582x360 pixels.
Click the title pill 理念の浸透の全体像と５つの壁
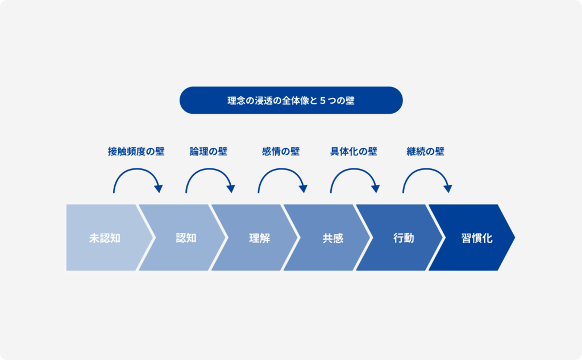pos(291,100)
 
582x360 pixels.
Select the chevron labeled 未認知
pos(105,237)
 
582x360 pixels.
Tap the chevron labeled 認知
pos(182,237)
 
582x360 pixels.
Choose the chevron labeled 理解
pos(255,237)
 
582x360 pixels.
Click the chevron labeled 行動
pos(400,237)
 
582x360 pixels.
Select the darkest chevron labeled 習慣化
pos(472,237)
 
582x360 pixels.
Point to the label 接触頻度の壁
pos(136,151)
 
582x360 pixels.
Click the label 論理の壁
pos(209,151)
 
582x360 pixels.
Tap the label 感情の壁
pos(281,151)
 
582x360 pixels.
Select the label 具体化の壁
pos(354,151)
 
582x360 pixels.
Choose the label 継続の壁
pos(425,151)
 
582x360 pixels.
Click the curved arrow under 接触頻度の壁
pos(136,169)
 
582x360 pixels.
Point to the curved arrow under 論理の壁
pos(209,169)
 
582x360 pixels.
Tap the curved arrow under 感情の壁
pos(281,169)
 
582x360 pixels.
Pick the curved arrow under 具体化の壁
pos(354,169)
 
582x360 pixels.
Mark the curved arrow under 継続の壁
pos(426,169)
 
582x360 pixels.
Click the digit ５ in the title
pos(323,101)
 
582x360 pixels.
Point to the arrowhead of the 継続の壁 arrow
pos(448,189)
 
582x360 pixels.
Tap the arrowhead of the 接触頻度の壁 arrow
pos(159,189)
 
